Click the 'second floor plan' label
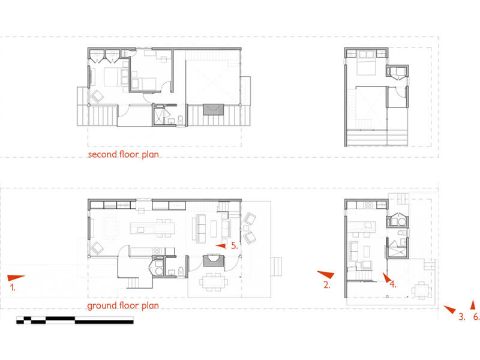tap(124, 154)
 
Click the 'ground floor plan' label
tap(123, 305)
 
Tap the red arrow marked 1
tap(16, 278)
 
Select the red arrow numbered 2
tap(326, 274)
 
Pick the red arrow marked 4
tap(387, 277)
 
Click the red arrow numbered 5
tap(221, 246)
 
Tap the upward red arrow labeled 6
tap(473, 305)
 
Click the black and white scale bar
tap(74, 320)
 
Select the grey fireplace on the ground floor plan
tap(214, 261)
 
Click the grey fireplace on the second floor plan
tap(214, 110)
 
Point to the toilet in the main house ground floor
tap(181, 271)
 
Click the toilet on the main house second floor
tap(181, 119)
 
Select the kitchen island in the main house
tap(152, 229)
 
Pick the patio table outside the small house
tap(422, 290)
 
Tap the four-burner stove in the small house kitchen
tap(368, 205)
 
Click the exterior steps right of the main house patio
tap(276, 266)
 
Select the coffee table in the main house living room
tap(214, 229)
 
